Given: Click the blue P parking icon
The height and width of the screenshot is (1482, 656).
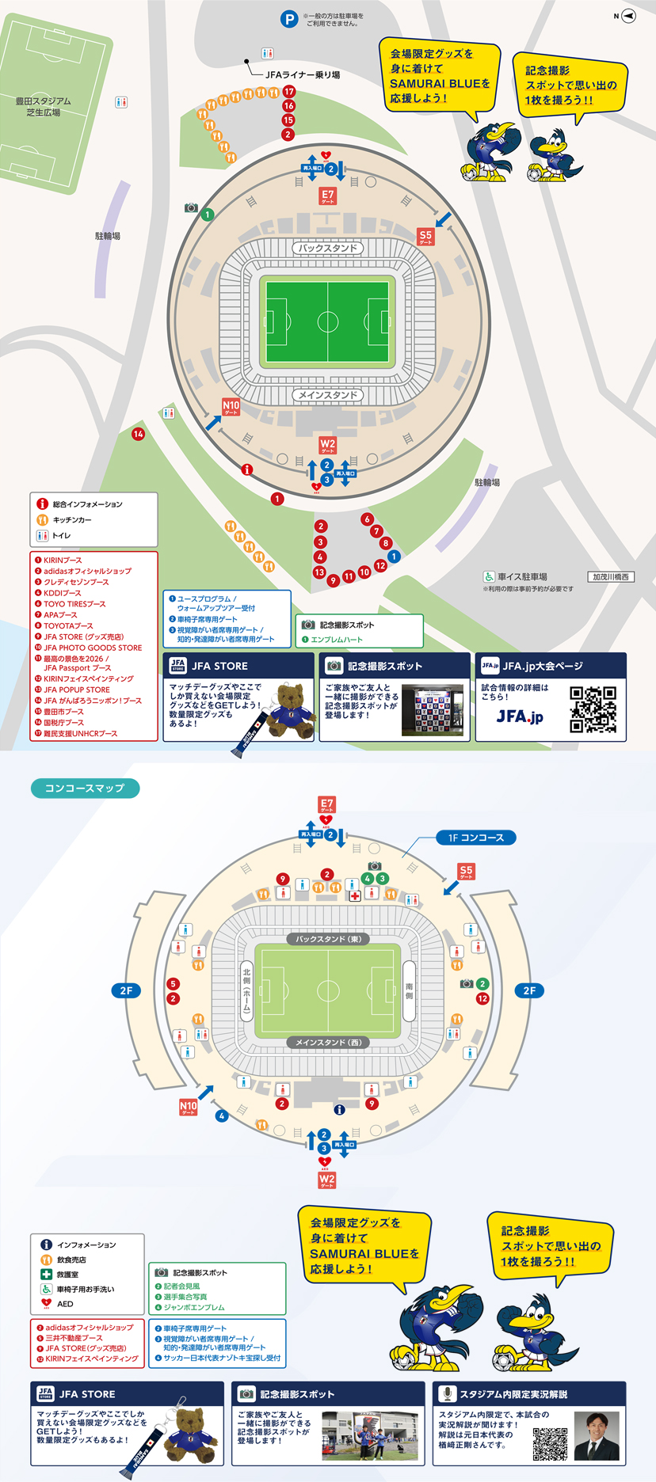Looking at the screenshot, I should pos(289,19).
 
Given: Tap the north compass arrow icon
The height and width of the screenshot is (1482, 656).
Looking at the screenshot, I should pos(628,16).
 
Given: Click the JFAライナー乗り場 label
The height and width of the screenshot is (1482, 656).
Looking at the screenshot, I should pos(303,74).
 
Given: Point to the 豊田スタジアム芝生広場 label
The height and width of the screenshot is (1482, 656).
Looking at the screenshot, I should pos(44,107).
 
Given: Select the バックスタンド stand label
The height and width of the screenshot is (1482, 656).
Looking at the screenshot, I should pos(328,249).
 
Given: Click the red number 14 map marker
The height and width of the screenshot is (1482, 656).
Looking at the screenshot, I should pos(138,434).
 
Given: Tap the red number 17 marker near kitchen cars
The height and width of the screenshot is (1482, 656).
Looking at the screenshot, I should pos(289,92).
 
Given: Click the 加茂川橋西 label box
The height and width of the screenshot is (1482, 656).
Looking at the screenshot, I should pos(610,577).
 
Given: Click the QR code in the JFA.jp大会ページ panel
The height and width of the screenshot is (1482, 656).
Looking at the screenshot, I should pos(593,709).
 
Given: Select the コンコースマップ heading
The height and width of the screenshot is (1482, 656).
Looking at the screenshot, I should pos(85,788).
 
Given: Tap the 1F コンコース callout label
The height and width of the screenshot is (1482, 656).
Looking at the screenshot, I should pos(475,838).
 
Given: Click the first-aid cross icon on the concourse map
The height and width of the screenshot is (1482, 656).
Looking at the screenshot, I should pos(355,896).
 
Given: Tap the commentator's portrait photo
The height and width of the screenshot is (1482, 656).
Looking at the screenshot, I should pos(597,1435).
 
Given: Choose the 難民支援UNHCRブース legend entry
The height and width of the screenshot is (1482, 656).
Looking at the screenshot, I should pos(80,734).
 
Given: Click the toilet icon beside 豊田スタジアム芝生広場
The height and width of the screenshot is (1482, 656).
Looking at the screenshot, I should pos(121,102).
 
